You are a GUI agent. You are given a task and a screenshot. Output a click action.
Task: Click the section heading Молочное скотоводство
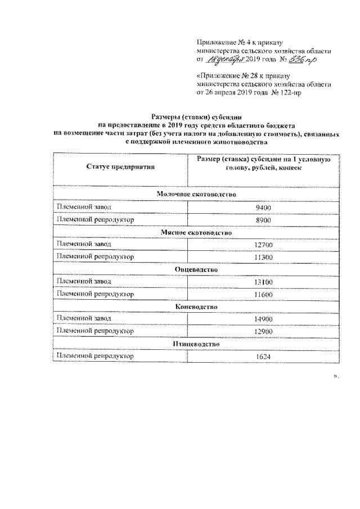195,195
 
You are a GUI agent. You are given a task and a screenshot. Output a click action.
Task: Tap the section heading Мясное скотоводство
195,232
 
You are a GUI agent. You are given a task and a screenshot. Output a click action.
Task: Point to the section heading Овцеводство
195,269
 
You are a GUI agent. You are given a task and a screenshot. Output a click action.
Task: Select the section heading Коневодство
195,307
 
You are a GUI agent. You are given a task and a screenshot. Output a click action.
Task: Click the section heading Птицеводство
195,344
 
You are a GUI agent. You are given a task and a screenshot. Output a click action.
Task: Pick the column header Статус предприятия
120,166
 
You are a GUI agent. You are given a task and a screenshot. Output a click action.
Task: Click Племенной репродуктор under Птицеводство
94,356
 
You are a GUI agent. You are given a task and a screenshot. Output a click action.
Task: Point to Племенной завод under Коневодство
83,319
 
